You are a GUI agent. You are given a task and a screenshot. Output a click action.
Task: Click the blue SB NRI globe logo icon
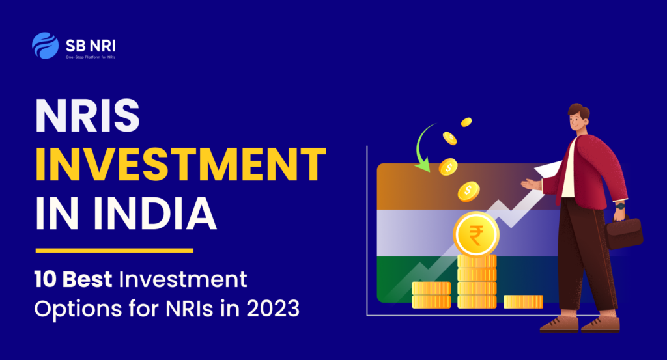click(45, 46)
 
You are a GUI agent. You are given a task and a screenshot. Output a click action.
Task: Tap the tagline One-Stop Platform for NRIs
click(90, 57)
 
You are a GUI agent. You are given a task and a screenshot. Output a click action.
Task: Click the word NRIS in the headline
click(87, 116)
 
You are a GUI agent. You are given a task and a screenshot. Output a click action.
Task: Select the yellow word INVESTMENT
click(180, 165)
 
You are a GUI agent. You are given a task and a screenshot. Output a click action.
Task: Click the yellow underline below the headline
click(115, 251)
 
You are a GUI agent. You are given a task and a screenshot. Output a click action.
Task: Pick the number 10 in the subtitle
click(45, 280)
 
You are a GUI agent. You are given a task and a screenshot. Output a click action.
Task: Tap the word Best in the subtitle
click(87, 280)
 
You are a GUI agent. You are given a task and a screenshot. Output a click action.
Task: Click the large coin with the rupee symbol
click(476, 234)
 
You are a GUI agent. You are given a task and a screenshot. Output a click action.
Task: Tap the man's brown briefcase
click(623, 233)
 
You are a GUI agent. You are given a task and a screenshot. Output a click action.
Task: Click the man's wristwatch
click(620, 206)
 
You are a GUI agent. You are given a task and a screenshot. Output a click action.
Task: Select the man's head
click(578, 118)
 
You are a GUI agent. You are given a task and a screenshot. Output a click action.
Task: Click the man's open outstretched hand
click(532, 184)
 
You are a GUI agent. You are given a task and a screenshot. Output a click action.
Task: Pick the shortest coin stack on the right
click(523, 301)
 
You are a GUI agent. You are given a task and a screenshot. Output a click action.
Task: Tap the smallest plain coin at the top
click(466, 122)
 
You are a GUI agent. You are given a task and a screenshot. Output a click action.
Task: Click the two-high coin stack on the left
click(431, 294)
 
